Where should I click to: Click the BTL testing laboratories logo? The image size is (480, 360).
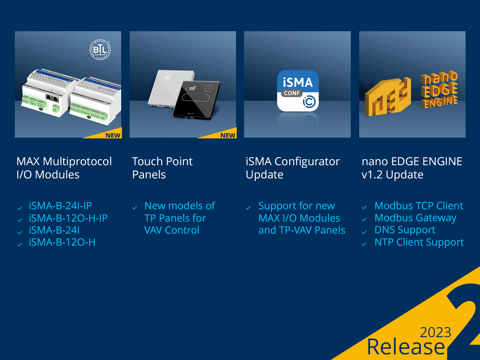tap(100, 50)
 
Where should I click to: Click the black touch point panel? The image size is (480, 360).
tap(196, 100)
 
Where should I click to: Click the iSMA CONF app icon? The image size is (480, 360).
tap(298, 91)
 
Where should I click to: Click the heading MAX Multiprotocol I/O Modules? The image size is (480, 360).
tap(64, 168)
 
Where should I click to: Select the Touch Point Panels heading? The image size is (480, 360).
tap(162, 168)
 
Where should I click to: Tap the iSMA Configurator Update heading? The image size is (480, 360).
tap(292, 168)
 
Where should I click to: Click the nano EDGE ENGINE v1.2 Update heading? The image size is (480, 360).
tap(412, 168)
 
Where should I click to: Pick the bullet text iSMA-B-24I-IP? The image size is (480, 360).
tap(60, 206)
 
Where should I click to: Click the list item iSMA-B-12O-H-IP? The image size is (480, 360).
tap(68, 218)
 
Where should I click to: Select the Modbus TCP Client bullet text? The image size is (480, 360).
tap(419, 206)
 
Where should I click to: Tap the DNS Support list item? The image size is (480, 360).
tap(405, 230)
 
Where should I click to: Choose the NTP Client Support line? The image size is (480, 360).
tap(419, 242)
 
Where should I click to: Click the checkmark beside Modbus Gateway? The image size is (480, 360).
tap(364, 219)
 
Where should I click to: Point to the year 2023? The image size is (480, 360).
tap(435, 332)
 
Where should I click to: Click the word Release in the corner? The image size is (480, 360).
tap(406, 347)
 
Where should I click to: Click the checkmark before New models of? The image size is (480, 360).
tap(134, 208)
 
